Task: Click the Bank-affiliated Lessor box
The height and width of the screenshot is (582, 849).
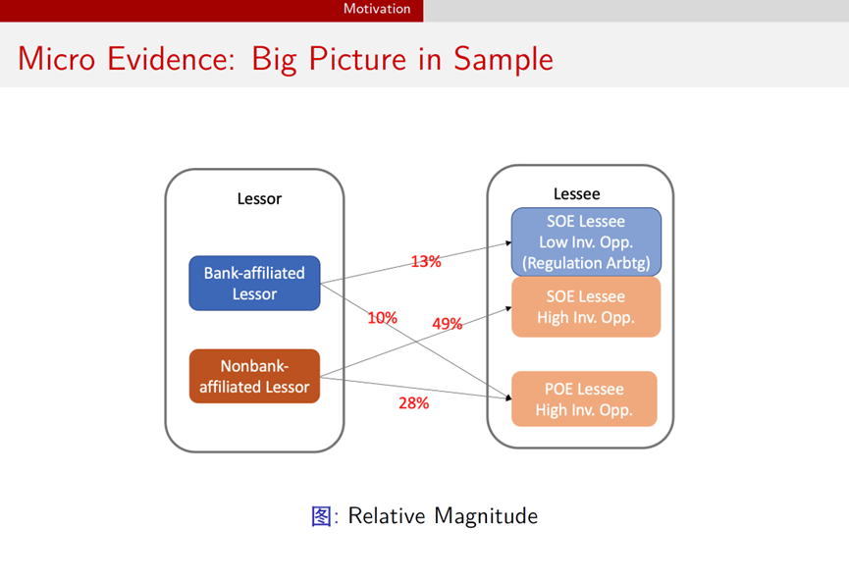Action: (x=254, y=283)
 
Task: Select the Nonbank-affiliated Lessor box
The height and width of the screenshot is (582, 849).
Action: (x=254, y=376)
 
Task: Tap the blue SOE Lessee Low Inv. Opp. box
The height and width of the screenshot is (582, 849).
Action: (x=586, y=241)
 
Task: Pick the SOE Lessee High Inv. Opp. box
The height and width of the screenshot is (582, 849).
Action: (x=586, y=306)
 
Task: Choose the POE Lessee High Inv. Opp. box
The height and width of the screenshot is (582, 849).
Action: (x=584, y=398)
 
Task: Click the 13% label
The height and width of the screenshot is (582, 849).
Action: (x=426, y=262)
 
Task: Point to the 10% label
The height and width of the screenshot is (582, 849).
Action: (x=382, y=318)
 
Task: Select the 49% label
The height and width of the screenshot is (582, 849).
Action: (x=447, y=324)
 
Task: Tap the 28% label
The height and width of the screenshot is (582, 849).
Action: (x=413, y=402)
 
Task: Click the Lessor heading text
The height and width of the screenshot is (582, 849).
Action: (x=259, y=199)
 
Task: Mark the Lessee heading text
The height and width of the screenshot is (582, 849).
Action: (x=577, y=194)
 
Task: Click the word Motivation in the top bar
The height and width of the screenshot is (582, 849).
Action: (x=377, y=9)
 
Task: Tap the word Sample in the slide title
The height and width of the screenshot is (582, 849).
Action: (x=504, y=59)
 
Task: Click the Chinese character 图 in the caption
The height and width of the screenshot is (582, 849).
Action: (x=321, y=515)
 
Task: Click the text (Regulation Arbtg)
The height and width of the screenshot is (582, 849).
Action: (x=586, y=262)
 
